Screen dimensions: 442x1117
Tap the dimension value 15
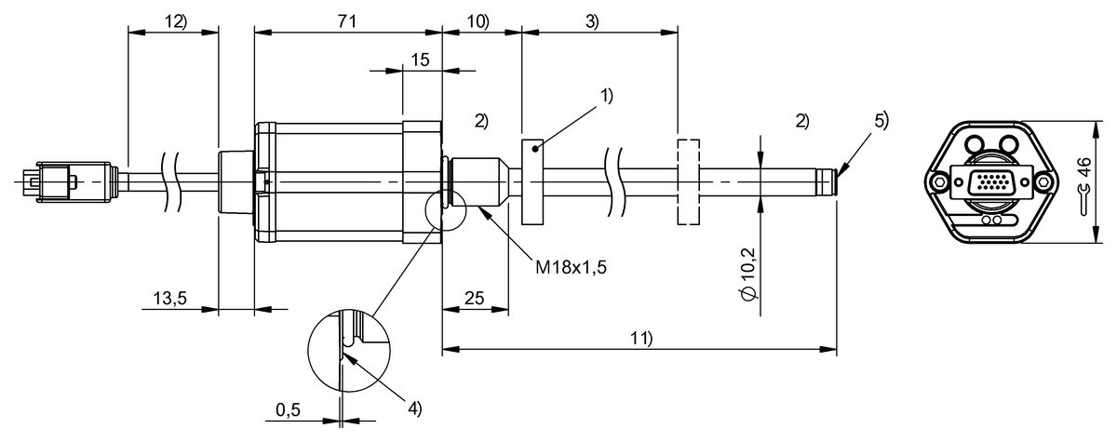[420, 59]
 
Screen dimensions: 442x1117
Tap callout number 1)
[607, 95]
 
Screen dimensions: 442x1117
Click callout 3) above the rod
[592, 20]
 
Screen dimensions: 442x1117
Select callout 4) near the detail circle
[414, 407]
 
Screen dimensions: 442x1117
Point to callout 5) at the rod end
[881, 119]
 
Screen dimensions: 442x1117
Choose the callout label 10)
[478, 20]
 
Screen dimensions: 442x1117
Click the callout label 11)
[640, 339]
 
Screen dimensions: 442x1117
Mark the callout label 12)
[172, 20]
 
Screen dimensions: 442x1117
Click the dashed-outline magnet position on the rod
[688, 182]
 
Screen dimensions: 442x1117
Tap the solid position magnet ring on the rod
[532, 182]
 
